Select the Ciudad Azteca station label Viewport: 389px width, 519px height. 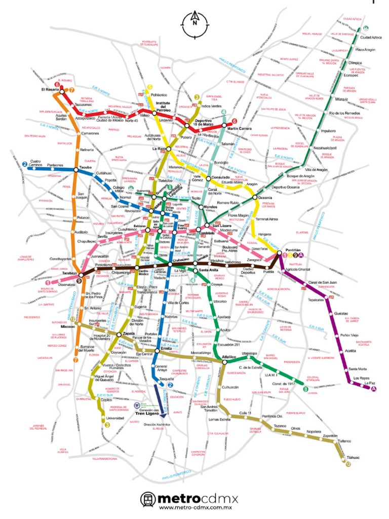[371, 38]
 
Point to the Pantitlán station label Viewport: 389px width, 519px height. [293, 250]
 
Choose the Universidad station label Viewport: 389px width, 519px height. [115, 418]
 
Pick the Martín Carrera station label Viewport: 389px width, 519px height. [239, 128]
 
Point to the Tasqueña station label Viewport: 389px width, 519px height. [166, 379]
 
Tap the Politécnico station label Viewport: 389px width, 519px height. [159, 94]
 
